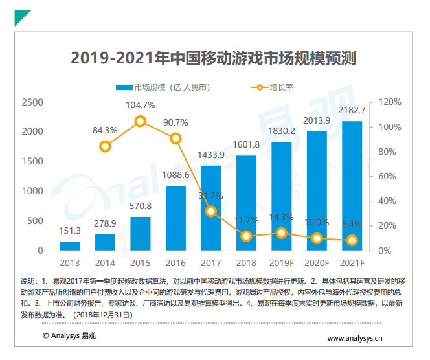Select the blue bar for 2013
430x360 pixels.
click(x=70, y=246)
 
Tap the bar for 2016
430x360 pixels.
click(x=175, y=218)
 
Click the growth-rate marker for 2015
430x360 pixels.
click(x=141, y=121)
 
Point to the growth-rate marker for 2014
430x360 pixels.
click(x=106, y=146)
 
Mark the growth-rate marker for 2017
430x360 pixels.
click(x=211, y=211)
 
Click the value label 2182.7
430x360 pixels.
click(x=353, y=111)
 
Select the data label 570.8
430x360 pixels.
click(x=141, y=207)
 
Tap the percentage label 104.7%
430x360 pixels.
click(x=141, y=105)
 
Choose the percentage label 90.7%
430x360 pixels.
click(x=175, y=122)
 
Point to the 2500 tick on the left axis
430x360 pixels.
click(x=32, y=102)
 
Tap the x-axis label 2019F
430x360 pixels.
click(x=282, y=263)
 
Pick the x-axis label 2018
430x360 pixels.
click(x=246, y=263)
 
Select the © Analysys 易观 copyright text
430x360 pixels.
click(x=69, y=335)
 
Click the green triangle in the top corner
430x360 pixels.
click(x=21, y=17)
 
